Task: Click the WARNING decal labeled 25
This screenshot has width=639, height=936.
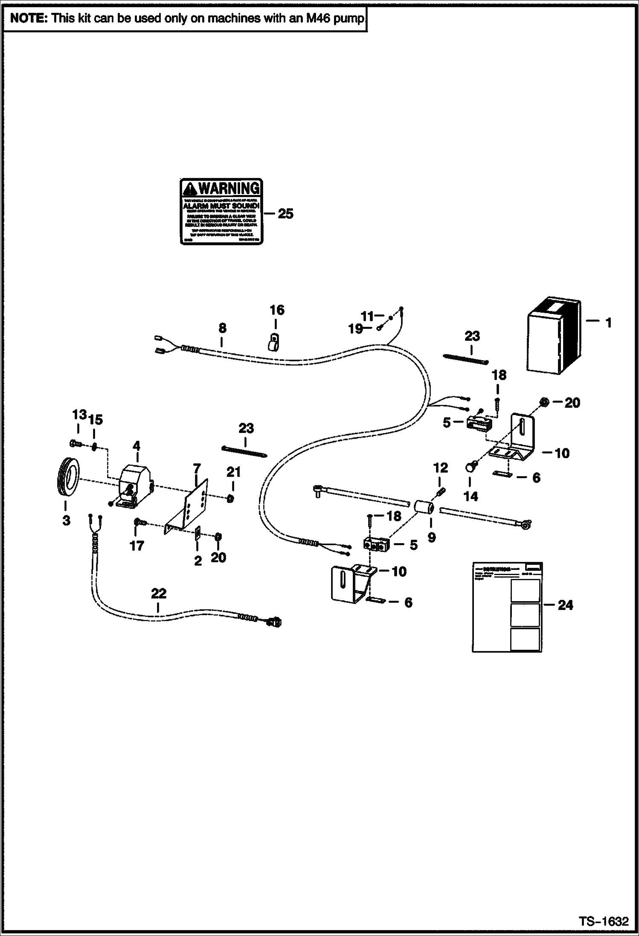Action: point(221,212)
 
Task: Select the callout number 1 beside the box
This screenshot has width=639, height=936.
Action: point(608,323)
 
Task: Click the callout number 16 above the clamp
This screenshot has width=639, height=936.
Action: point(276,310)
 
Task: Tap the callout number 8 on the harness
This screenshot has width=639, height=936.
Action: point(222,328)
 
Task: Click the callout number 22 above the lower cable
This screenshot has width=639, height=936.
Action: point(159,593)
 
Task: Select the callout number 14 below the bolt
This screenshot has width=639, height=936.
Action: point(471,497)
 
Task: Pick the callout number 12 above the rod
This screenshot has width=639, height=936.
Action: point(441,468)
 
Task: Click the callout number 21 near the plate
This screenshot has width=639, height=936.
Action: point(233,472)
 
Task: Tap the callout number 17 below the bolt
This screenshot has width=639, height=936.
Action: point(137,545)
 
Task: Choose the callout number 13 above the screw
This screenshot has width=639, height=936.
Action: point(79,415)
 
